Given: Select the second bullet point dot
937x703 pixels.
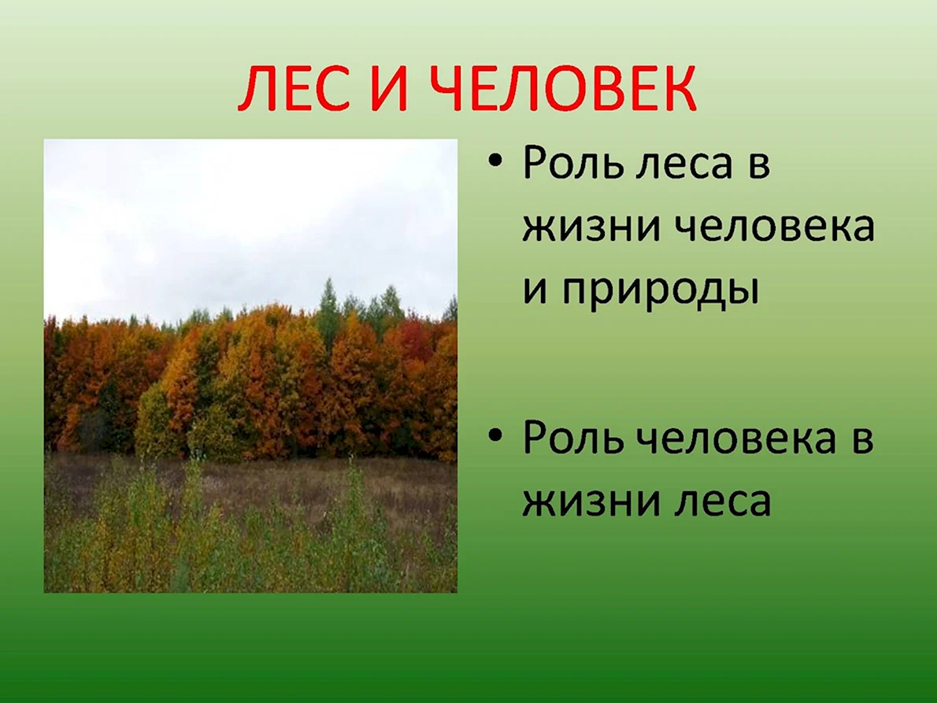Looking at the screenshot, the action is pyautogui.click(x=494, y=435).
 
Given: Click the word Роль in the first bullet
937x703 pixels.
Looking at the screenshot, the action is pyautogui.click(x=572, y=162).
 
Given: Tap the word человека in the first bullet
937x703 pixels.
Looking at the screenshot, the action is pyautogui.click(x=775, y=227).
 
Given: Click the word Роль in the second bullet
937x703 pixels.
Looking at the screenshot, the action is pyautogui.click(x=572, y=438).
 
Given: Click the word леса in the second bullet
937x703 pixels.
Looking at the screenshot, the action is pyautogui.click(x=723, y=501).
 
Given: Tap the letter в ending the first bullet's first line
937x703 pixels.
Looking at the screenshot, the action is pyautogui.click(x=759, y=164).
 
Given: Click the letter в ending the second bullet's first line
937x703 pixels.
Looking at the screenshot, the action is pyautogui.click(x=861, y=439).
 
